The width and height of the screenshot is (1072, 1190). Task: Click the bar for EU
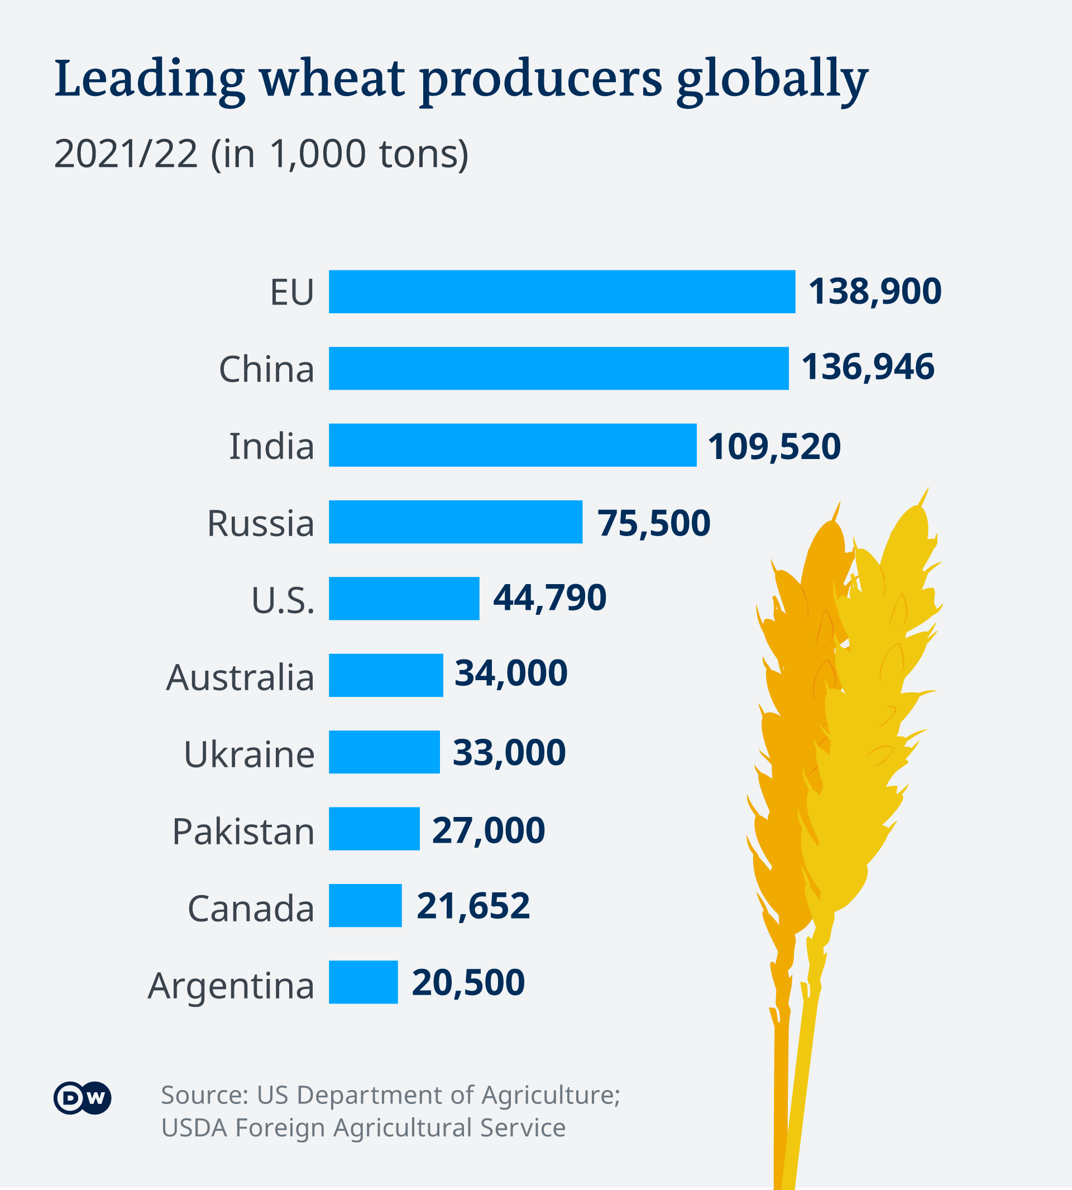[x=561, y=291]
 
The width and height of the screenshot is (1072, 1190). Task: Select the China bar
[x=558, y=368]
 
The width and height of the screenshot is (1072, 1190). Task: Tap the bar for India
[x=513, y=445]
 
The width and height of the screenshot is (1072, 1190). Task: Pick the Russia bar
[x=455, y=522]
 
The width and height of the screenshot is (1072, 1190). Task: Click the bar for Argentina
[x=363, y=982]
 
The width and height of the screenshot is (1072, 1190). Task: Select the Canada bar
[x=365, y=905]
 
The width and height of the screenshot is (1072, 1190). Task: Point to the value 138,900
[x=875, y=291]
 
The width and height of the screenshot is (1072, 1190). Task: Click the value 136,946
[x=868, y=366]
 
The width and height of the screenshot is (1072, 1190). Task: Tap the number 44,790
[x=549, y=598]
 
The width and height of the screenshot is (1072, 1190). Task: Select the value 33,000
[x=509, y=752]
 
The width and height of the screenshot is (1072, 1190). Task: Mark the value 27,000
[x=489, y=830]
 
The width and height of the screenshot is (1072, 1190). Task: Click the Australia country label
[x=240, y=677]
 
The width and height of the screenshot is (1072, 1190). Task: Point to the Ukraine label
[x=249, y=754]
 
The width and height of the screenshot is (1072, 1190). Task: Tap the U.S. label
[x=283, y=600]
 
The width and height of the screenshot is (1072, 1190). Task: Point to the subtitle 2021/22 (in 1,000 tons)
[x=261, y=154]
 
